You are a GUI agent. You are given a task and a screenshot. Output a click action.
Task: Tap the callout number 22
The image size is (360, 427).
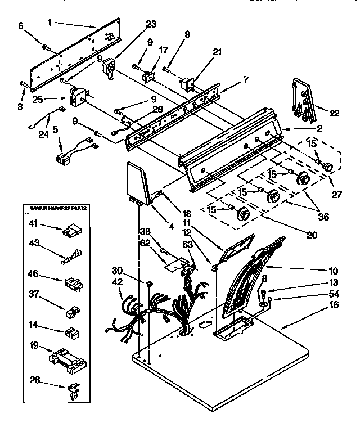coord(334,113)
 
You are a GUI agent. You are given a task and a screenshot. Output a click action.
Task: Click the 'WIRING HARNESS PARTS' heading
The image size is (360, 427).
coord(55,209)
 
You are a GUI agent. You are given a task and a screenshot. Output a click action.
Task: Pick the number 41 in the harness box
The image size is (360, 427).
coord(34,223)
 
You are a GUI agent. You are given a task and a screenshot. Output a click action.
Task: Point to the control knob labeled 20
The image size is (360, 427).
coord(244,213)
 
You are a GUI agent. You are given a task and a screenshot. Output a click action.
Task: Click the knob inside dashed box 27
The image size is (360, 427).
coord(328,166)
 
